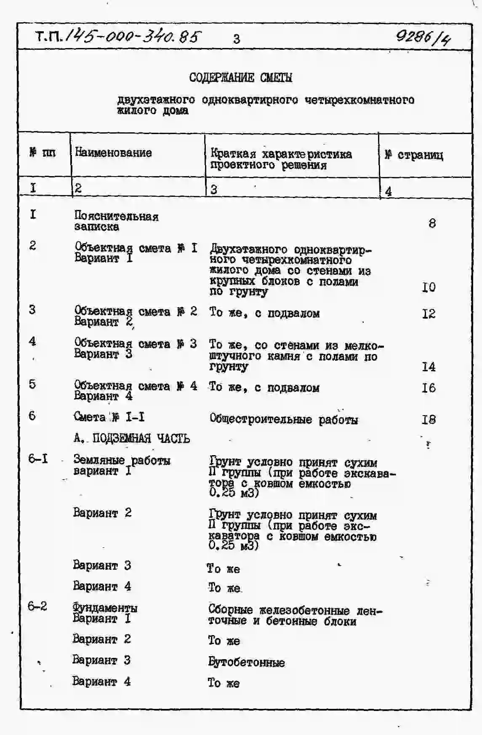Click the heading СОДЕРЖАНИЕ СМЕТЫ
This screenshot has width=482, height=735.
240,78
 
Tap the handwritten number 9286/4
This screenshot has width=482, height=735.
423,39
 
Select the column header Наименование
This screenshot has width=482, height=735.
113,153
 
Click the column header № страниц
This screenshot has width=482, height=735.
414,155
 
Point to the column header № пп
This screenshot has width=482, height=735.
43,153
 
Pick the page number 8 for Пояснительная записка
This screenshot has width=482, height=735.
432,223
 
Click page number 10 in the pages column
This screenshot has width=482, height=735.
429,287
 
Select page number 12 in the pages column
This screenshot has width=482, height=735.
429,314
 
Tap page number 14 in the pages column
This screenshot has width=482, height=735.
429,367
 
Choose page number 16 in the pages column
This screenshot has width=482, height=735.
429,388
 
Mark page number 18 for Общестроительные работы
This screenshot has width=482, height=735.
429,419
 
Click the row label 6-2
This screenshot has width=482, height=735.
37,606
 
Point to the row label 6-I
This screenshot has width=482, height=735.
38,458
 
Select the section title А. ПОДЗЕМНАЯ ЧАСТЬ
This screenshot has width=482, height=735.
131,439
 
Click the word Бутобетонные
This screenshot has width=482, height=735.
246,662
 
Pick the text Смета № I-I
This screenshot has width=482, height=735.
109,417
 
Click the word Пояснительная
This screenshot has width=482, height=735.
116,216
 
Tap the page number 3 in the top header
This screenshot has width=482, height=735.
237,39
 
